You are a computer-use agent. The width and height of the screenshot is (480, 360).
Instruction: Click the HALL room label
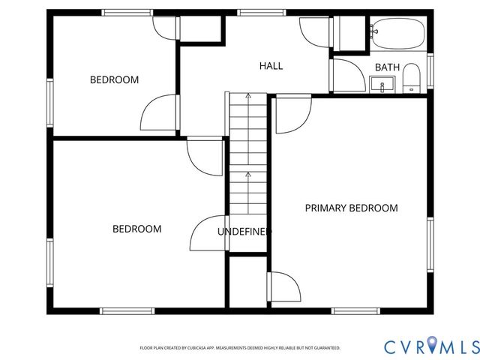click(271, 66)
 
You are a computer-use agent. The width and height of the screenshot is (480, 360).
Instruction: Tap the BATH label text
click(387, 67)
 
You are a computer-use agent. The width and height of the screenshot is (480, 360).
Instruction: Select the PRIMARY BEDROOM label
click(351, 208)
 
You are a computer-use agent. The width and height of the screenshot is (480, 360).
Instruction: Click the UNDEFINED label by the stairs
click(244, 232)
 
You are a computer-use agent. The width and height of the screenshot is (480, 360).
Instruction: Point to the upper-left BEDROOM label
click(114, 79)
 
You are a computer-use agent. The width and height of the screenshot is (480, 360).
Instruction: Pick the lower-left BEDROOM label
click(136, 229)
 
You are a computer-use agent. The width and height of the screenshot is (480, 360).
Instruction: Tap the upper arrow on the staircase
click(248, 96)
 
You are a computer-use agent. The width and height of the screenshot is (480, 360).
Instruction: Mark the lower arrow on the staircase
click(248, 175)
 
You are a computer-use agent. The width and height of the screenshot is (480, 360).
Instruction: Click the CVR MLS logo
click(432, 346)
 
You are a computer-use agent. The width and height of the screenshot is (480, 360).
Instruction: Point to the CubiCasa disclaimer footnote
click(240, 348)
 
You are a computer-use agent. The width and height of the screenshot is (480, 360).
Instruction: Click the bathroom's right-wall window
click(430, 70)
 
